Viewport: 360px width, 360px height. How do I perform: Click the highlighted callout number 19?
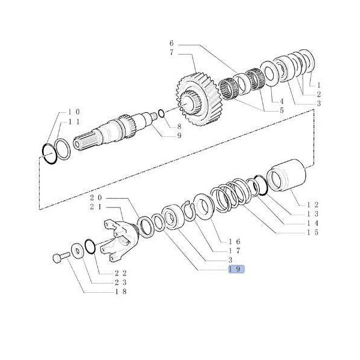[236, 269]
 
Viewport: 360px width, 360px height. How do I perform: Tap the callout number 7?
[172, 53]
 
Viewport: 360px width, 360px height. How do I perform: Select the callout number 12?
[313, 205]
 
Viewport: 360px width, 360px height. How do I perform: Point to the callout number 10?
[74, 112]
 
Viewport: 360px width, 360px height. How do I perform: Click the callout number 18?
[121, 292]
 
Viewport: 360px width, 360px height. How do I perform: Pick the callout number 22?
[121, 273]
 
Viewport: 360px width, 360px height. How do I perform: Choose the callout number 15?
[313, 232]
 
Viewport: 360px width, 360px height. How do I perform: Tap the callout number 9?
[179, 136]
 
